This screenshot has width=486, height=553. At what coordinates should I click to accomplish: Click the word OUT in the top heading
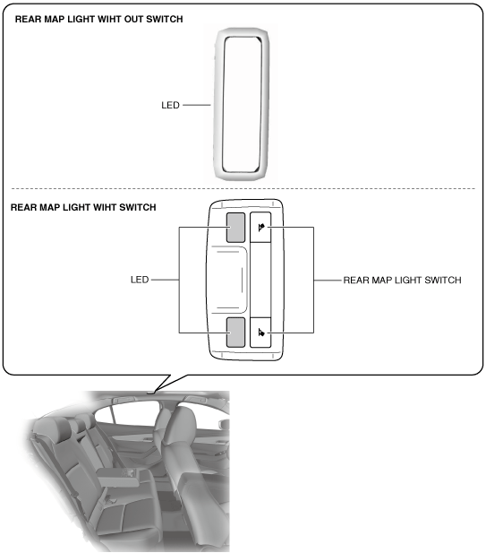[133, 19]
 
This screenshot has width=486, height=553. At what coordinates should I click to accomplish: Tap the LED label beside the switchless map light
[170, 105]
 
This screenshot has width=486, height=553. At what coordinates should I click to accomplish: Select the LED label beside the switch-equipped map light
[140, 280]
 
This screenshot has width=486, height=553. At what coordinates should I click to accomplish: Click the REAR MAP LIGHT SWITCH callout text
[402, 280]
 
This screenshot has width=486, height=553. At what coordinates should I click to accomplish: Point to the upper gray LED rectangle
[235, 228]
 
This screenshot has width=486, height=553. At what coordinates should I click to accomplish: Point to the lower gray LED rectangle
[235, 333]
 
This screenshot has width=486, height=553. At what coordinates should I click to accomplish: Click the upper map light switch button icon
[261, 228]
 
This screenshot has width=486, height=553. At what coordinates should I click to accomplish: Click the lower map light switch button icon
[261, 333]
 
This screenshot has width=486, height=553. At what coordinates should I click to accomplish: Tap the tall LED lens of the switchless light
[243, 104]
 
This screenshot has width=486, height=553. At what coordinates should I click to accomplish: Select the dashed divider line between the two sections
[243, 189]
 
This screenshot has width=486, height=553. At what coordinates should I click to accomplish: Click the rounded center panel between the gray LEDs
[229, 280]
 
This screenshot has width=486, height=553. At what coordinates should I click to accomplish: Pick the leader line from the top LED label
[197, 105]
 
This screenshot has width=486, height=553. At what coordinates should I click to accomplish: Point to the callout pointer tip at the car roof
[154, 392]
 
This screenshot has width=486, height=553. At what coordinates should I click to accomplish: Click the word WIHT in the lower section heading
[106, 207]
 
